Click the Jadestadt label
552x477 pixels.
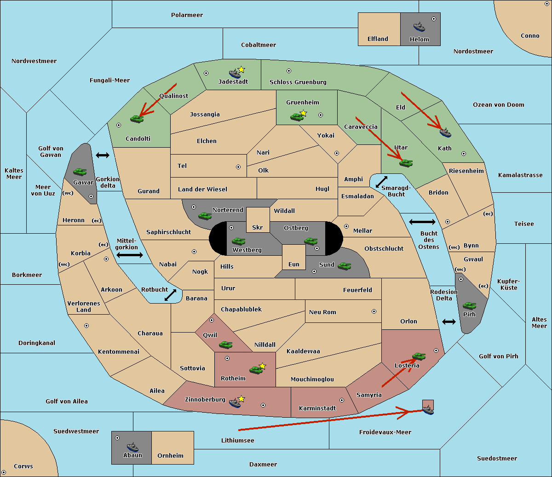[x=233, y=81]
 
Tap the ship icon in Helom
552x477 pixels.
[x=419, y=27]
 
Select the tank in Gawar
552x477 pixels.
[x=80, y=172]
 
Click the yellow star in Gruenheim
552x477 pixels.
[x=303, y=113]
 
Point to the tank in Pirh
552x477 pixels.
[x=469, y=305]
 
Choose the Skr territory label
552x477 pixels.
[x=258, y=227]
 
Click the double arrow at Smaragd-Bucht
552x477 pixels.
[x=381, y=182]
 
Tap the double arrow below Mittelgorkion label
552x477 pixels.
[x=130, y=255]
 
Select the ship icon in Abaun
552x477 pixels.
[x=132, y=447]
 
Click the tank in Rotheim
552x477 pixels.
[x=256, y=369]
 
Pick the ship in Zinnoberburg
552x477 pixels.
[x=235, y=403]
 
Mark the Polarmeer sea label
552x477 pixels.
[x=187, y=15]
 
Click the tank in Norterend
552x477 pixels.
[x=205, y=216]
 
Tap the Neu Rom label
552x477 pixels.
[x=322, y=312]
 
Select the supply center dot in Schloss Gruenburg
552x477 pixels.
[x=289, y=71]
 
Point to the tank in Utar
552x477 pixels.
[x=406, y=163]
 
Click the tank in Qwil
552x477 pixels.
[x=225, y=345]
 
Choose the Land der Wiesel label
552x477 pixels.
[x=202, y=189]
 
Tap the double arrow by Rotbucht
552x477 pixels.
[x=170, y=295]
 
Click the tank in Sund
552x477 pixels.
[x=344, y=265]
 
